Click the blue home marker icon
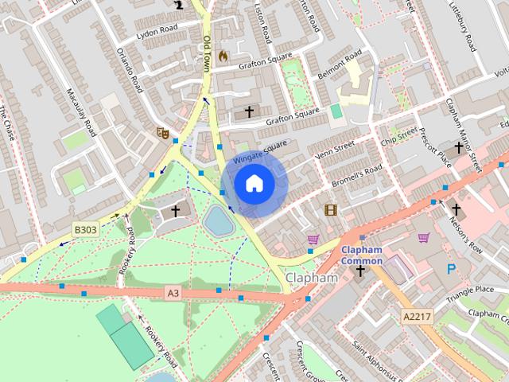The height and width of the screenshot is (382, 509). click(254, 184)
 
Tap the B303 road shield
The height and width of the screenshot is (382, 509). click(85, 230)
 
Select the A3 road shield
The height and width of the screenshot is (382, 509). click(173, 294)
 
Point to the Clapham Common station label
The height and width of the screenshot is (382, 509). click(362, 255)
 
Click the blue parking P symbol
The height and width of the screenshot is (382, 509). click(451, 270)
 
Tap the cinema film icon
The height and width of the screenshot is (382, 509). click(330, 210)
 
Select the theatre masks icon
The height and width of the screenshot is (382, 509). click(163, 133)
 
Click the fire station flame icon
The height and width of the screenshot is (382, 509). click(223, 56)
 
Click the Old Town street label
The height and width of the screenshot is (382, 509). click(207, 52)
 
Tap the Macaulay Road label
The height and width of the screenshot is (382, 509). click(82, 112)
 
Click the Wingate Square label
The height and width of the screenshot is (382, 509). click(260, 151)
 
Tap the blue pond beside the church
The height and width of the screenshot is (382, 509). click(218, 220)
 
